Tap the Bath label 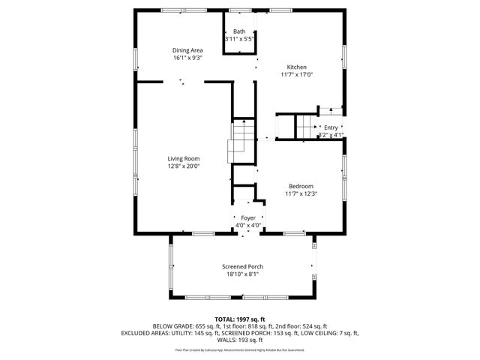click(239, 31)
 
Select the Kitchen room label click(296, 67)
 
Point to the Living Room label click(183, 158)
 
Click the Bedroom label click(301, 186)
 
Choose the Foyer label click(248, 217)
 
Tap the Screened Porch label click(242, 267)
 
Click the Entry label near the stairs click(331, 127)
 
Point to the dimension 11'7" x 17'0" click(296, 74)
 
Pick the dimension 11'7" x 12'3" click(301, 193)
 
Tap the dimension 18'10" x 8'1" click(242, 274)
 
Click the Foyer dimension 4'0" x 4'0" click(248, 225)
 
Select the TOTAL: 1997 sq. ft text click(240, 319)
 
